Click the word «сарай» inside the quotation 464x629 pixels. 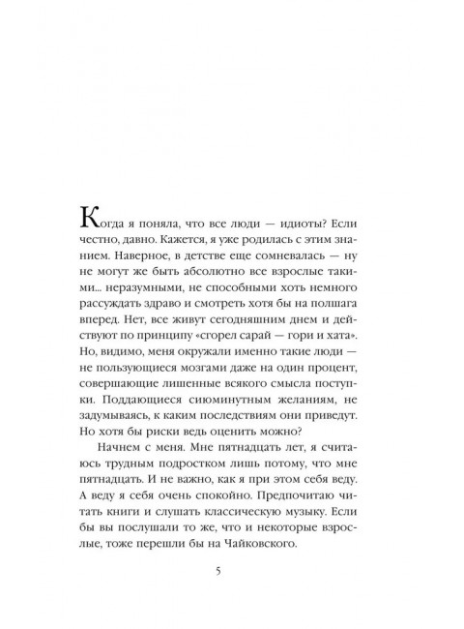pyautogui.click(x=289, y=357)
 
